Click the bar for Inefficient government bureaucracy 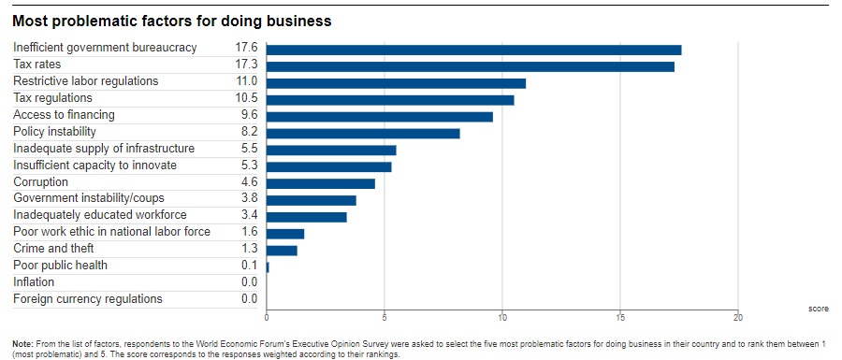click(x=473, y=50)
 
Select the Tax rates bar click(x=471, y=66)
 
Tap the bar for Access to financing click(x=380, y=117)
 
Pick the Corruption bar click(x=321, y=183)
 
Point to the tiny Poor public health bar click(x=268, y=267)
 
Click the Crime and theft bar click(x=282, y=251)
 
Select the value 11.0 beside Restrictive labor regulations click(x=246, y=81)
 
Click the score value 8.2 click(x=249, y=132)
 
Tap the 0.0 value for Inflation click(x=249, y=282)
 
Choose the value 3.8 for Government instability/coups click(x=249, y=198)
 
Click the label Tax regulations click(x=52, y=98)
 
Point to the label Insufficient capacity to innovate click(x=94, y=166)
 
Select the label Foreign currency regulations click(x=88, y=299)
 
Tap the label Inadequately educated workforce click(x=100, y=215)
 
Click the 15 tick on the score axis click(x=620, y=318)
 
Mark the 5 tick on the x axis click(x=385, y=318)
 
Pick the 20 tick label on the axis click(x=738, y=318)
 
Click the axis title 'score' click(x=819, y=309)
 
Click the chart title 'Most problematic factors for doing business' click(x=172, y=22)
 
